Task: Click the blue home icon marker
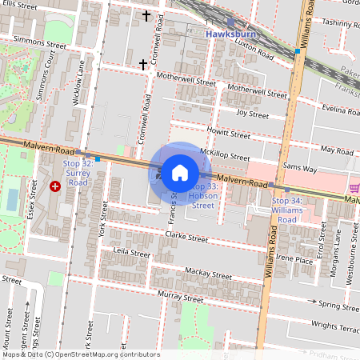click(180, 172)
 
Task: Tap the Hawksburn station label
click(230, 35)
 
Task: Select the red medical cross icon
click(55, 186)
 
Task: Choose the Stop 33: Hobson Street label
click(202, 195)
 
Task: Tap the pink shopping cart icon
click(354, 187)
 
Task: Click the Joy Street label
click(253, 114)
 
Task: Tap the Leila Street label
click(132, 254)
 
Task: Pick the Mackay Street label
click(208, 273)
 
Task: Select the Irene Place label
click(293, 260)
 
